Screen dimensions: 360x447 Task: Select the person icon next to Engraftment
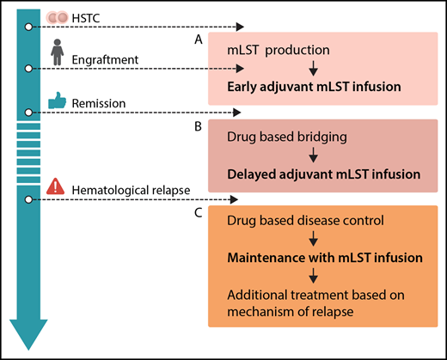coord(58,54)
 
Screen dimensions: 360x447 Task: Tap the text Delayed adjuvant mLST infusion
coord(324,174)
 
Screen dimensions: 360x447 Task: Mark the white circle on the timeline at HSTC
coord(28,27)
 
